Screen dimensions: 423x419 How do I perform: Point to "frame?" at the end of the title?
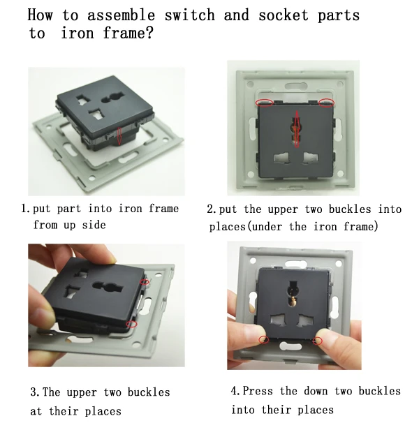click(124, 34)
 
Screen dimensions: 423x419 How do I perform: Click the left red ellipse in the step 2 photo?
click(265, 103)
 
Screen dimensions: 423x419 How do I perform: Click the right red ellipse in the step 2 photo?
click(326, 103)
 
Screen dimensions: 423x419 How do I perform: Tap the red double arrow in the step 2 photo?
click(296, 129)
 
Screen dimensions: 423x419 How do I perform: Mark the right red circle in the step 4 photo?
click(318, 341)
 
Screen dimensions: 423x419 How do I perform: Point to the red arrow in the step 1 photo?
click(119, 135)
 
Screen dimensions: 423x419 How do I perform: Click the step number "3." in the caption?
click(34, 392)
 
